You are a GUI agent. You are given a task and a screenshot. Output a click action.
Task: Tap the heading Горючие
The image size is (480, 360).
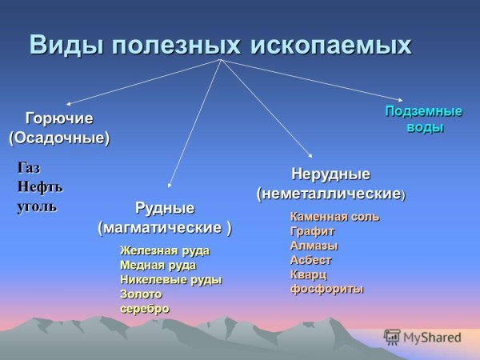(x=59, y=118)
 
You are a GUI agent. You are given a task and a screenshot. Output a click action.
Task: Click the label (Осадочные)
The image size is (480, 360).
(x=59, y=138)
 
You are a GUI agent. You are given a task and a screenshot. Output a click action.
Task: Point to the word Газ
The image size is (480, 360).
(x=29, y=168)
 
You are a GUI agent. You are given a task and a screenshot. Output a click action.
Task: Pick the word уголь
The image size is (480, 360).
(x=38, y=206)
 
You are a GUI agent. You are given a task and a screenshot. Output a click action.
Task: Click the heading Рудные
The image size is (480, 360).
(x=165, y=209)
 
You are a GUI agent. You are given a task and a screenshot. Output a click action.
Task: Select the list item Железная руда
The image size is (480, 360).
(x=165, y=250)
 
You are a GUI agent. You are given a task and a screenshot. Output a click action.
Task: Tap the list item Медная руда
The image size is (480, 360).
(x=158, y=265)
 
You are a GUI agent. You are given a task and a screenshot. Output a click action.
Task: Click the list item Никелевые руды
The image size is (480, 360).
(x=170, y=279)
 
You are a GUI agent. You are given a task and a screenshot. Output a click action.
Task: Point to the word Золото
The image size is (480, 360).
(x=141, y=294)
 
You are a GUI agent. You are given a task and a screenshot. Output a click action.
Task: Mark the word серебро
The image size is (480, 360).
(x=145, y=308)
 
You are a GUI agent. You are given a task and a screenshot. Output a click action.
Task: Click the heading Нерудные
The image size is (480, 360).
(x=330, y=174)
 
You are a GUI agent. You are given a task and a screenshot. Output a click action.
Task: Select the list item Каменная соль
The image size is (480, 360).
(x=334, y=217)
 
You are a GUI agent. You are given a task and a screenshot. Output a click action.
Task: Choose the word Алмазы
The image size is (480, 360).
(x=314, y=246)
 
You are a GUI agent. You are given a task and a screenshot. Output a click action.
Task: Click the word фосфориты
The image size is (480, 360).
(x=326, y=289)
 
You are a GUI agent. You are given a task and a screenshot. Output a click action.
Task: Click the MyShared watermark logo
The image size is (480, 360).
(x=423, y=337)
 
